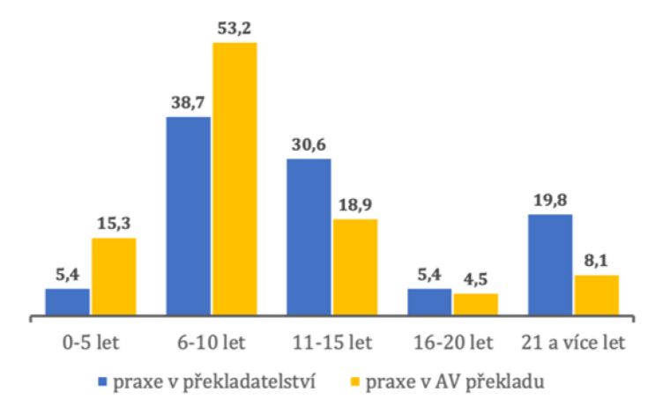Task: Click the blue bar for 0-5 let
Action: coord(67,301)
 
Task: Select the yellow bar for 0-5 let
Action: coord(114,276)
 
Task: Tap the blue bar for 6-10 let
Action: coord(188,216)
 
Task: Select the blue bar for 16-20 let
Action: coord(429,301)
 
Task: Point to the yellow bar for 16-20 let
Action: coord(475,304)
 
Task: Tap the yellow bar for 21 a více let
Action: coord(596,295)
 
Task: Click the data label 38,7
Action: coord(187,103)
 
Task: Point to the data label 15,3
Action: coord(114,225)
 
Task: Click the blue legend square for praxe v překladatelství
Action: coord(102,381)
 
